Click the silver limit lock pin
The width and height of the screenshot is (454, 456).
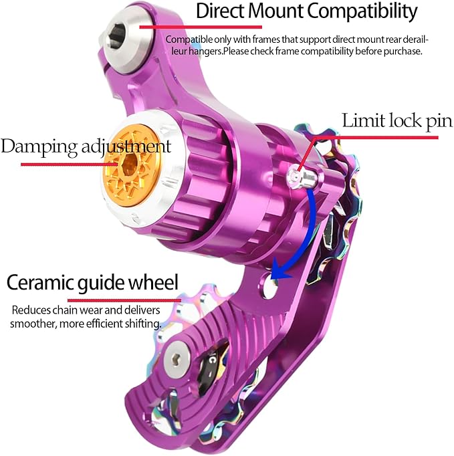pyautogui.click(x=302, y=178)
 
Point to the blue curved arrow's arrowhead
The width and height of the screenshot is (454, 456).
pyautogui.click(x=279, y=273)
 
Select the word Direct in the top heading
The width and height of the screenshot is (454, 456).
pyautogui.click(x=219, y=11)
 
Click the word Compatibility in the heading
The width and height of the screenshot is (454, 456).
pyautogui.click(x=362, y=12)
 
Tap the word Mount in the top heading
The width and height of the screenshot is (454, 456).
pyautogui.click(x=275, y=11)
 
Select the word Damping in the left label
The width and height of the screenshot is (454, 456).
pyautogui.click(x=39, y=147)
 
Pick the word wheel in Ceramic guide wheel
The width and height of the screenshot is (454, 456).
pyautogui.click(x=153, y=281)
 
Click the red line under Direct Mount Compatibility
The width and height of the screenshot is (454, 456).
pyautogui.click(x=201, y=27)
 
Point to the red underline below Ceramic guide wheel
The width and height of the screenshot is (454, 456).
pyautogui.click(x=124, y=300)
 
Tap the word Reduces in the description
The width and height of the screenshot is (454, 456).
pyautogui.click(x=31, y=310)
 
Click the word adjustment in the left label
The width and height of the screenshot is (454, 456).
pyautogui.click(x=126, y=147)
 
